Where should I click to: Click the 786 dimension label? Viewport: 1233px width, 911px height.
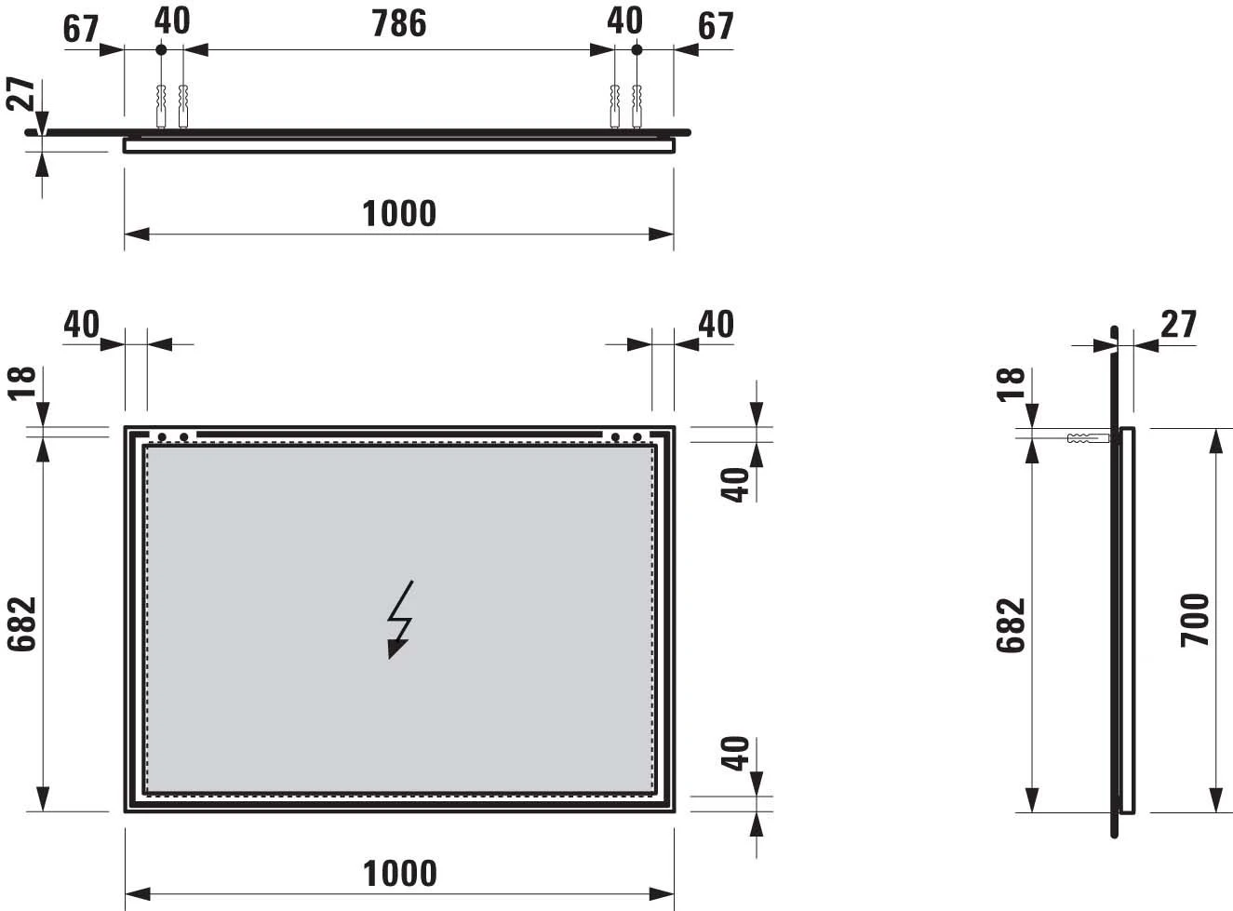(x=399, y=24)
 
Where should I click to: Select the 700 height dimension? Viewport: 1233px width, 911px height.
(x=1196, y=620)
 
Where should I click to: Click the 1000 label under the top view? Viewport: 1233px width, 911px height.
(x=399, y=214)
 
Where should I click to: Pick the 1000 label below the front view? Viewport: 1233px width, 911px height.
(x=399, y=874)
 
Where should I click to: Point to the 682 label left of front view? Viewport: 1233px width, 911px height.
(x=22, y=623)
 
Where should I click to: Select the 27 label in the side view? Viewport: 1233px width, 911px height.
(x=1178, y=324)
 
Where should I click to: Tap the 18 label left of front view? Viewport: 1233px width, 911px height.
(x=22, y=382)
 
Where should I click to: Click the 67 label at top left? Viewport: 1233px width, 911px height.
(x=81, y=29)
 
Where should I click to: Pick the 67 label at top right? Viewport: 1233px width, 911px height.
(x=716, y=26)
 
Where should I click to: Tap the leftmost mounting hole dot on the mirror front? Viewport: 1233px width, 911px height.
(x=162, y=436)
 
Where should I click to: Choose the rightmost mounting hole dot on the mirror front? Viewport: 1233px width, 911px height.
(x=637, y=436)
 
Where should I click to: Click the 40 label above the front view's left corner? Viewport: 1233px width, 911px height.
(x=81, y=324)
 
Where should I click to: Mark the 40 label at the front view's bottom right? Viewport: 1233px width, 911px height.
(x=736, y=753)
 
